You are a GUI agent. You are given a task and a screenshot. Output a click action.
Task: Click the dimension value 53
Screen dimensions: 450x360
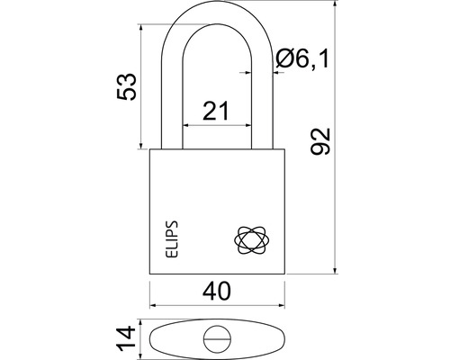pyautogui.click(x=127, y=86)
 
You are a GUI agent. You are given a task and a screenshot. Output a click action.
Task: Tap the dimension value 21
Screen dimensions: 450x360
pyautogui.click(x=216, y=111)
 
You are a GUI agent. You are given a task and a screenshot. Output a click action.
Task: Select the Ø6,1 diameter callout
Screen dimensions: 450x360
pyautogui.click(x=302, y=59)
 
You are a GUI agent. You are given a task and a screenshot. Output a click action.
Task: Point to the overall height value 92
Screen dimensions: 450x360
pyautogui.click(x=320, y=141)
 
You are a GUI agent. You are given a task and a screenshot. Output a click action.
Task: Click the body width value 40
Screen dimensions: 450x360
pyautogui.click(x=217, y=291)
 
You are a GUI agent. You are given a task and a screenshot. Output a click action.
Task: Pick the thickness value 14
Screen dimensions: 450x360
pyautogui.click(x=127, y=338)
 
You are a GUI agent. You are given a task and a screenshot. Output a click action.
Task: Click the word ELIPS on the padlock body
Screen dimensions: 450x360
pyautogui.click(x=172, y=239)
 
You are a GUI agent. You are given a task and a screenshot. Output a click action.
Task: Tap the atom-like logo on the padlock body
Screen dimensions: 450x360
pyautogui.click(x=250, y=239)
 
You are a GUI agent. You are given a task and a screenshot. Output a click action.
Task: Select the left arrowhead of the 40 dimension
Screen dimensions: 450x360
pyautogui.click(x=153, y=305)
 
